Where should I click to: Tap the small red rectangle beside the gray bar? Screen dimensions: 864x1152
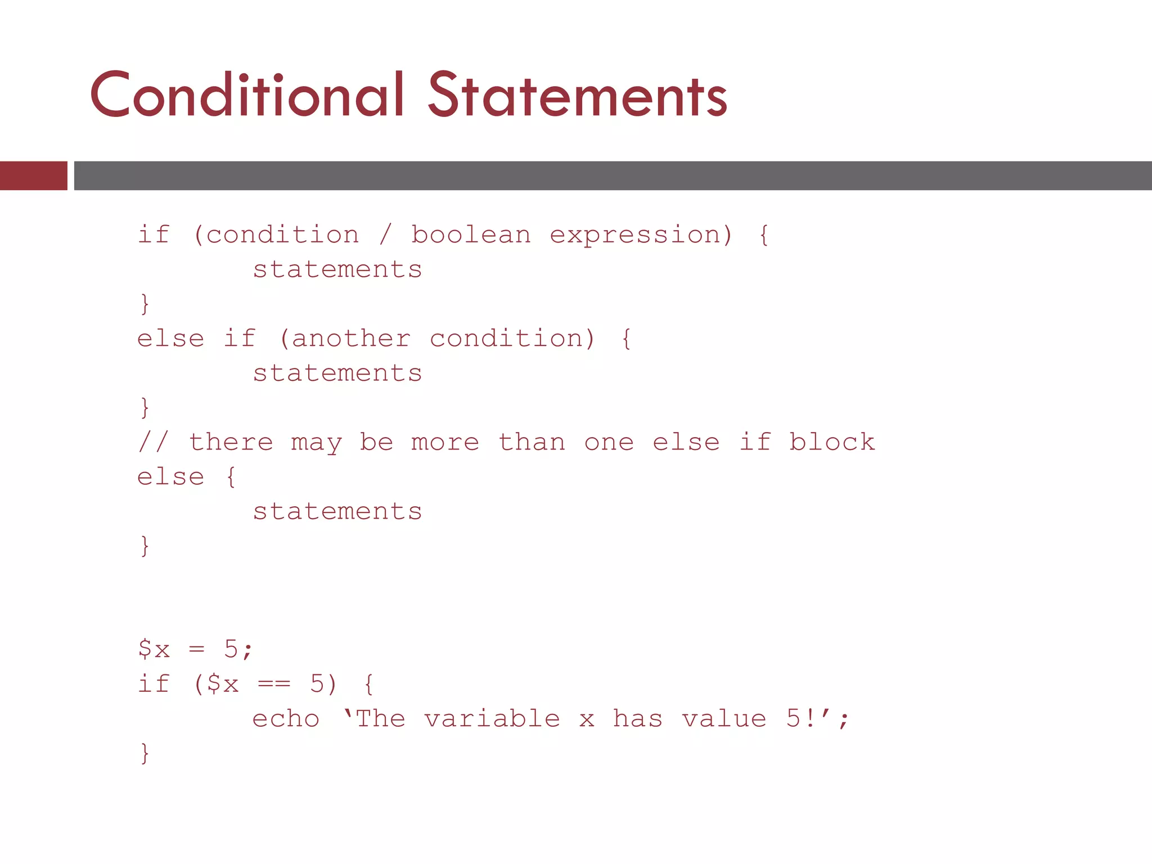point(33,175)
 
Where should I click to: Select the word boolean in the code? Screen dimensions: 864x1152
point(471,235)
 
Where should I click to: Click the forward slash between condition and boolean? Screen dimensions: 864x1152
point(385,235)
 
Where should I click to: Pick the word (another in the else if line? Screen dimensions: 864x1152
point(345,339)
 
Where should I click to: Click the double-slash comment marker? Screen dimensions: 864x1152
point(153,442)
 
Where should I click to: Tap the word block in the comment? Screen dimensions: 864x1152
point(832,442)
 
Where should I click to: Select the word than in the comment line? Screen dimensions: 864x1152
point(532,442)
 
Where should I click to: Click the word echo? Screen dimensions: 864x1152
point(286,719)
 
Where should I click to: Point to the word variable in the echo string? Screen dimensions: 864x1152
point(492,719)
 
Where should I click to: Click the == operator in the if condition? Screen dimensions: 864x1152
point(274,685)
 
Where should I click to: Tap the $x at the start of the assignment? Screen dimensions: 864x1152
point(154,650)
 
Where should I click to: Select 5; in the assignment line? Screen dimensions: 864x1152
point(238,650)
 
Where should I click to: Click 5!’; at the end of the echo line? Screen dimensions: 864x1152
point(817,719)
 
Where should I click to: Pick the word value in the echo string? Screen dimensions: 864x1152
point(724,719)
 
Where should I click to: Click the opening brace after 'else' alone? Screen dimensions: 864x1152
point(231,477)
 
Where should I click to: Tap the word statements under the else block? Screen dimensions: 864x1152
point(337,512)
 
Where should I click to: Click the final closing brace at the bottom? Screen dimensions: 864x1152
point(145,753)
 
